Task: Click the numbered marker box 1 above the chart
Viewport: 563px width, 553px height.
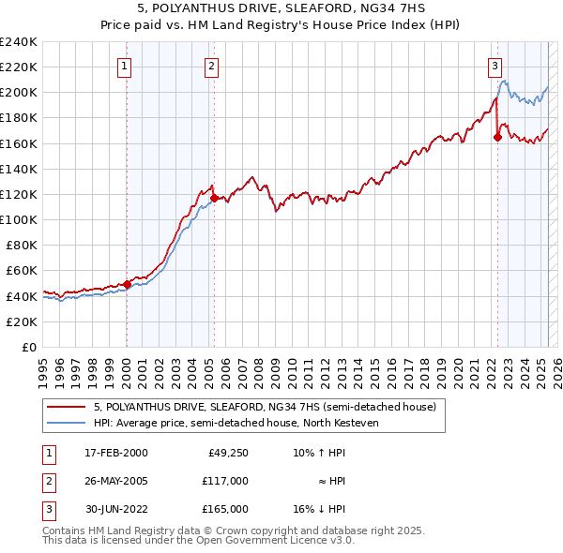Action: (125, 66)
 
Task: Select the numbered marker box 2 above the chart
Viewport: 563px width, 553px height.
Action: (212, 66)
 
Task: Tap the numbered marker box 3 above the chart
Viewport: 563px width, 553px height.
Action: (495, 66)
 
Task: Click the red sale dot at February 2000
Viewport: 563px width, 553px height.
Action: (127, 284)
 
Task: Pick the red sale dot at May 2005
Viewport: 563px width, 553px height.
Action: (214, 198)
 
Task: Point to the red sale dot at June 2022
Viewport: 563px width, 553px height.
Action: (497, 137)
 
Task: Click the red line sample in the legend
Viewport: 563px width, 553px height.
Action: (67, 408)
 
